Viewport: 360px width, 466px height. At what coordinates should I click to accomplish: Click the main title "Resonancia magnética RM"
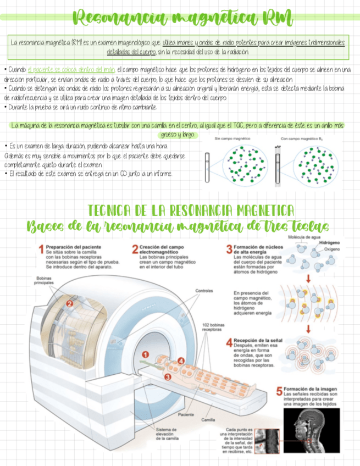[180, 18]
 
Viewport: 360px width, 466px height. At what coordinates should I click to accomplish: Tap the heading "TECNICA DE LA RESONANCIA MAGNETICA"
[191, 210]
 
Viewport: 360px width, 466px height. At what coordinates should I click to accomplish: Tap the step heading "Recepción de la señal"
[258, 341]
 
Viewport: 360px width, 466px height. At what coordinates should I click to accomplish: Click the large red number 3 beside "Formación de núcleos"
[229, 249]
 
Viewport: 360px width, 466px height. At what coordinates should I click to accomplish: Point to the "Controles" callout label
[204, 291]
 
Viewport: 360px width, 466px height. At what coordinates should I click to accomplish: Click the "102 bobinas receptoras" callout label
[213, 328]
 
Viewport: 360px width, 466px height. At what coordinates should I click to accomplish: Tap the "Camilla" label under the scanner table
[208, 420]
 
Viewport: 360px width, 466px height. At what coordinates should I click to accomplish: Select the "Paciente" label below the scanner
[185, 414]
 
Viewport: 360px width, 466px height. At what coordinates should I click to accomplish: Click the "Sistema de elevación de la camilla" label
[167, 434]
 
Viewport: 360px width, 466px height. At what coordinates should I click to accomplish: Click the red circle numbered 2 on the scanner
[70, 303]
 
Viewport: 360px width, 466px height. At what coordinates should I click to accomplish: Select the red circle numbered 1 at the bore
[145, 354]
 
